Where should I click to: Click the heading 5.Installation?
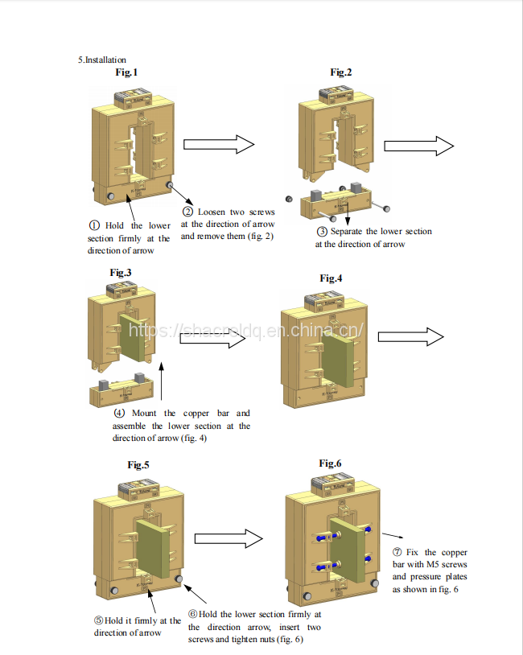[102, 60]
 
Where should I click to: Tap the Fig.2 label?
[341, 72]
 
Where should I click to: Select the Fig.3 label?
[121, 272]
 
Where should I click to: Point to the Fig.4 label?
[331, 278]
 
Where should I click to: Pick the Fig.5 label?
[138, 465]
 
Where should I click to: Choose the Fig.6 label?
[331, 463]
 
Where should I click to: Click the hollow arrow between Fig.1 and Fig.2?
[218, 144]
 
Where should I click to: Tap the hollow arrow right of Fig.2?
[418, 146]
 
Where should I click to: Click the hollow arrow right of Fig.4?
[411, 337]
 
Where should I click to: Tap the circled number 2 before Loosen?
[187, 212]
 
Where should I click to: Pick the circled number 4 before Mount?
[119, 414]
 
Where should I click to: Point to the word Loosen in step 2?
[211, 212]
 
